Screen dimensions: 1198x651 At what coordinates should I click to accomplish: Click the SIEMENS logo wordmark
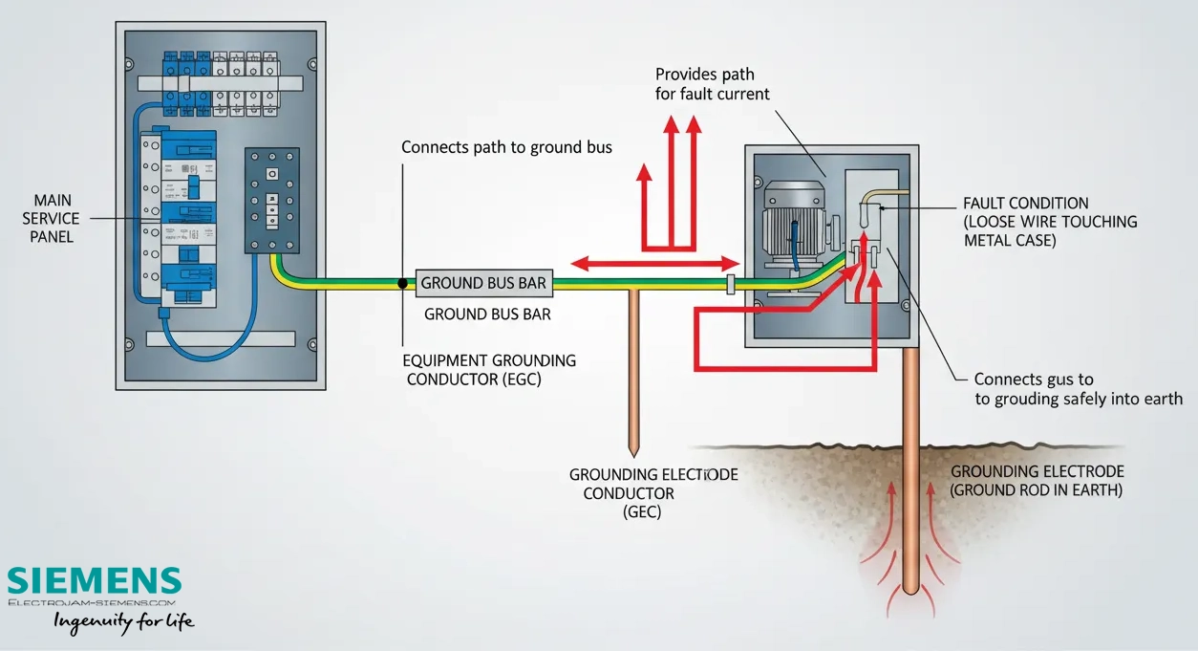click(x=95, y=580)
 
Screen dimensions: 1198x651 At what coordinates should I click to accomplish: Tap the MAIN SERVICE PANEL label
click(x=51, y=218)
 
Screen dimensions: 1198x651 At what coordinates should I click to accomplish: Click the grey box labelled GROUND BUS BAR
click(x=484, y=283)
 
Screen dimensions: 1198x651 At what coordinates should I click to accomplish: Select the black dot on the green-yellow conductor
click(x=403, y=283)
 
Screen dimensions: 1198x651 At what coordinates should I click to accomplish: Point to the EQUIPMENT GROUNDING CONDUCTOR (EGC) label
click(x=489, y=370)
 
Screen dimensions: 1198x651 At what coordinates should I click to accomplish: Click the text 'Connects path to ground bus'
click(x=506, y=147)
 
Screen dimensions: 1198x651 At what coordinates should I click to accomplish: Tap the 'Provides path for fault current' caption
click(x=712, y=84)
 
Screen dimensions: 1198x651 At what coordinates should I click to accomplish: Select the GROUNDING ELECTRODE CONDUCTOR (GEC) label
click(x=653, y=493)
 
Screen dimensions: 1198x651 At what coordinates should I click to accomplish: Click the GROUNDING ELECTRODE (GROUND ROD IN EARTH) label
click(x=1037, y=481)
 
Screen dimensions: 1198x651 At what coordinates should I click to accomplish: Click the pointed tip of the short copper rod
click(x=633, y=456)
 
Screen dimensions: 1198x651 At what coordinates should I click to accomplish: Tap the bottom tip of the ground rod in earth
click(x=910, y=594)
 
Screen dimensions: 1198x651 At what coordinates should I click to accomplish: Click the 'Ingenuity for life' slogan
click(x=123, y=622)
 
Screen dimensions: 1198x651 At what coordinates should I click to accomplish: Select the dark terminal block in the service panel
click(x=271, y=200)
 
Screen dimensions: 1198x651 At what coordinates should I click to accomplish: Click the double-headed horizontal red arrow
click(x=655, y=263)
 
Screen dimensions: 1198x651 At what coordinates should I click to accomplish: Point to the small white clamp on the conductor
click(x=731, y=284)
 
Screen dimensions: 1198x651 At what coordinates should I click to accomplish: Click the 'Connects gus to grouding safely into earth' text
click(x=1078, y=389)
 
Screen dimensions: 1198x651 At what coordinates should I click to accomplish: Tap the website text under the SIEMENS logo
click(x=92, y=603)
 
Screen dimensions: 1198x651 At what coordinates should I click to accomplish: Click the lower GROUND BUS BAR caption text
click(x=487, y=315)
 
